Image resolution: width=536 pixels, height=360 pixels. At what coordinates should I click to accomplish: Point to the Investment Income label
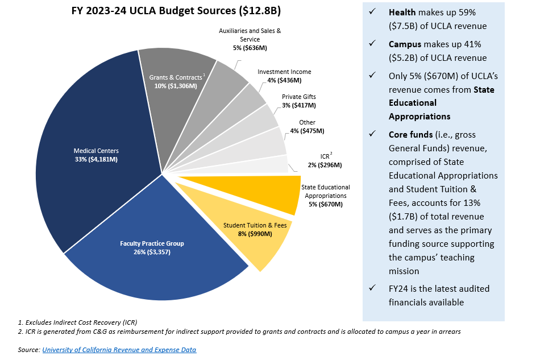pos(284,72)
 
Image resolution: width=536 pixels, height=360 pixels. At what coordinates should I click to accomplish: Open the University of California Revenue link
pos(119,350)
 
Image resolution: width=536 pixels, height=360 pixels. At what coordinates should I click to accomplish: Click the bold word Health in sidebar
pos(402,13)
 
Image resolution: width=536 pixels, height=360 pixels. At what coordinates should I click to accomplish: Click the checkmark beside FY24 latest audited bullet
pos(372,288)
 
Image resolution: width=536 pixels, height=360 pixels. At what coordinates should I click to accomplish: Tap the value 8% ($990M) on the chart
pos(255,233)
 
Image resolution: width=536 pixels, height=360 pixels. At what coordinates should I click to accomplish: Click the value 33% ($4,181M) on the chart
pos(97,159)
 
